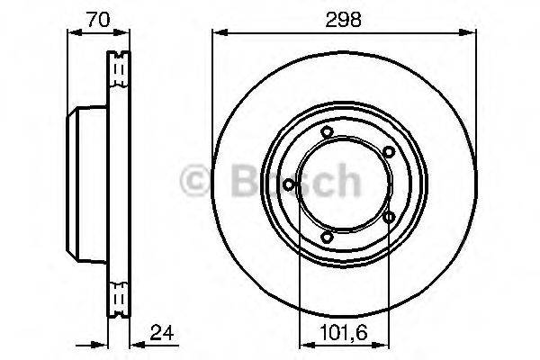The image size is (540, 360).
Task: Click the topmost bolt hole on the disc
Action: pyautogui.click(x=328, y=134)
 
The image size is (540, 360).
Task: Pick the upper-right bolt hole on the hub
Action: pyautogui.click(x=388, y=153)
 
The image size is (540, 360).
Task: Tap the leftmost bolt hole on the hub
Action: pyautogui.click(x=288, y=185)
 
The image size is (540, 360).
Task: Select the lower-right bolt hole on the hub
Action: pyautogui.click(x=388, y=217)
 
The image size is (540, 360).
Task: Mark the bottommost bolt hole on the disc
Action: pyautogui.click(x=328, y=237)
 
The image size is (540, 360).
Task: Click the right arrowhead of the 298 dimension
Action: pyautogui.click(x=472, y=34)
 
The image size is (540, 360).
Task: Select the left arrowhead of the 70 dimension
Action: pyautogui.click(x=73, y=34)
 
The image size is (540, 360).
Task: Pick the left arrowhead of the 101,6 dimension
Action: pyautogui.click(x=301, y=343)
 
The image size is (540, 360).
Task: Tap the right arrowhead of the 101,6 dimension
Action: pyautogui.click(x=388, y=343)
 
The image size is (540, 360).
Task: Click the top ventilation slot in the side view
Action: pyautogui.click(x=119, y=67)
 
